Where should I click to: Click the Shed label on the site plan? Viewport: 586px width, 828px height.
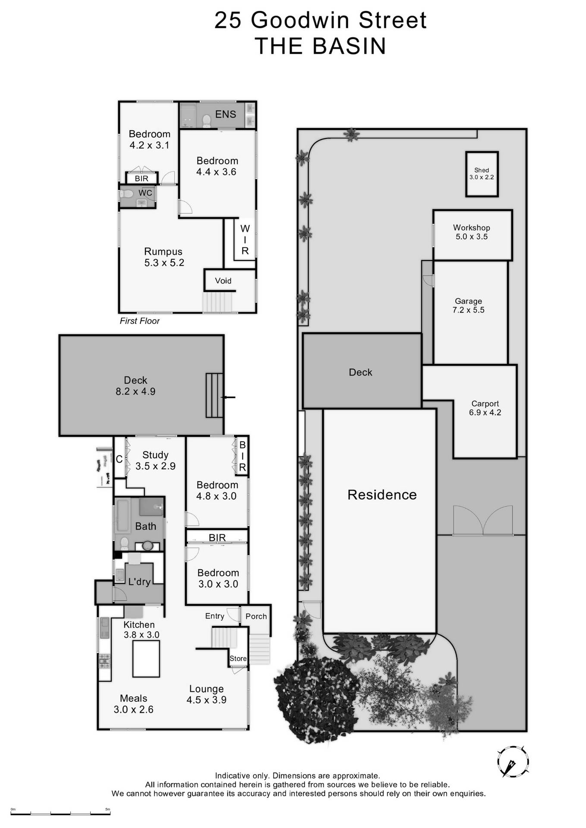482,173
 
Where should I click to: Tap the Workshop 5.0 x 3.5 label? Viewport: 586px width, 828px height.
471,232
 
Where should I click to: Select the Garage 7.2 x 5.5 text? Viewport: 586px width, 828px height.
468,305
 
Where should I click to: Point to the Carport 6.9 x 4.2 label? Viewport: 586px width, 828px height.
485,408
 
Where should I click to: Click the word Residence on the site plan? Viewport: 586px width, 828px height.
382,495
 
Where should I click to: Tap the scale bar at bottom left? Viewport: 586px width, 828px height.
60,813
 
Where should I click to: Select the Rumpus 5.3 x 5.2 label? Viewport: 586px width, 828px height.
164,257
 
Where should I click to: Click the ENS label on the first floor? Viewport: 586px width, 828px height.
225,114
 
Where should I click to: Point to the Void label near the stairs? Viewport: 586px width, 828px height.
223,281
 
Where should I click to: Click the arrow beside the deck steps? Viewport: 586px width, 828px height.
228,397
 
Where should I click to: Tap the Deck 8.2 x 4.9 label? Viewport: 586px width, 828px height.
135,386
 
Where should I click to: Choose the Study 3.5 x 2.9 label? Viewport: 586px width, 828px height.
155,460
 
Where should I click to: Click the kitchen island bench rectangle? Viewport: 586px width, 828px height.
146,659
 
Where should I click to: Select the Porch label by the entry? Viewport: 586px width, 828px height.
256,616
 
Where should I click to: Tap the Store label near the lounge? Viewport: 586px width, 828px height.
238,659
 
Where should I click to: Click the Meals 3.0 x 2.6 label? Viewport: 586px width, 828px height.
133,704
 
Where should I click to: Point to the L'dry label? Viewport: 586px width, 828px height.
139,582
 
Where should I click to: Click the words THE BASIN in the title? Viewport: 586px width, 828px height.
320,46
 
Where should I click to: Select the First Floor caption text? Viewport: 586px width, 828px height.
139,321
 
